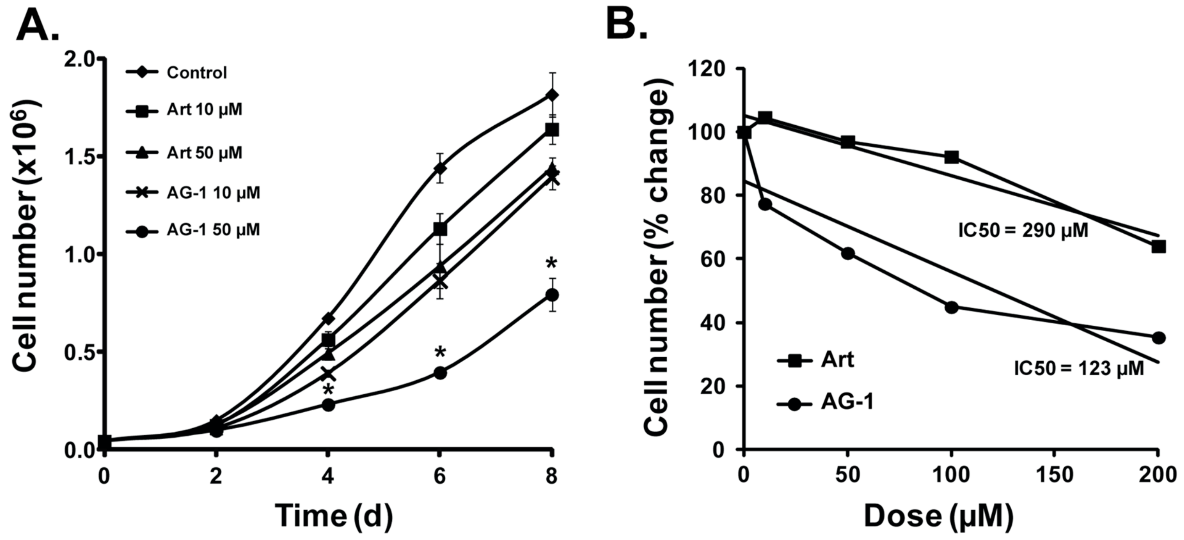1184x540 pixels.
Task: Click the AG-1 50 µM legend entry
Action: pos(213,230)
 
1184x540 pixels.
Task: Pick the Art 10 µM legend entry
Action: pos(204,110)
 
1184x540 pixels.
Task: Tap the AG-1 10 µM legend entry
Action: pos(213,193)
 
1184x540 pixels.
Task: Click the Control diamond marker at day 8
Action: pos(552,95)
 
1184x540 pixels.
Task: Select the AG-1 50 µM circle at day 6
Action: pos(440,373)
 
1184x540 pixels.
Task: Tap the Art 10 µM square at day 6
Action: pos(440,228)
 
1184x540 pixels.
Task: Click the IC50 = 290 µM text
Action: pos(1023,231)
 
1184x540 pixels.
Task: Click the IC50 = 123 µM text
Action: pos(1079,368)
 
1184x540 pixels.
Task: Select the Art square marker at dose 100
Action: pos(951,158)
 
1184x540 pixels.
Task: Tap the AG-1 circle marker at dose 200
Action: pos(1159,338)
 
